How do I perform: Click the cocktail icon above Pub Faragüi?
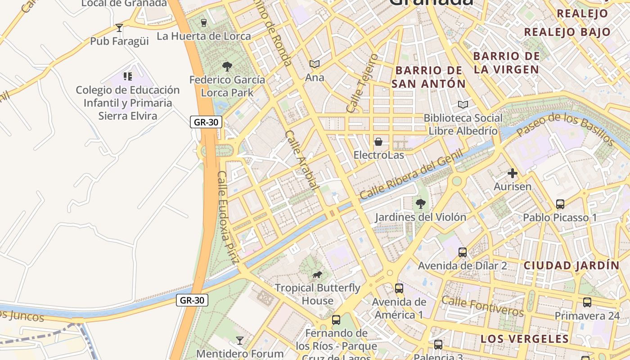tap(119, 28)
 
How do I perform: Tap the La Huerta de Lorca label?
tap(204, 36)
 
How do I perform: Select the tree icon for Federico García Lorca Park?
tap(227, 67)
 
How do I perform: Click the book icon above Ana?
tap(315, 64)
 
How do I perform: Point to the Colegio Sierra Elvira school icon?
tap(127, 76)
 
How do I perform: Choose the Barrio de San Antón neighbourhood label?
tap(428, 77)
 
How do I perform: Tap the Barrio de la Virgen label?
tap(506, 63)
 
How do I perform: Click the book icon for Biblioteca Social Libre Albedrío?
tap(463, 105)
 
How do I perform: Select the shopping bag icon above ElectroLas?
tap(378, 142)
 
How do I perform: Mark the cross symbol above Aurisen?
tap(512, 173)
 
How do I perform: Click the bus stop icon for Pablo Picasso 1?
tap(560, 204)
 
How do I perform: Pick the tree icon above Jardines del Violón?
tap(421, 204)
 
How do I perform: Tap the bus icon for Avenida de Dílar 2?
tap(463, 252)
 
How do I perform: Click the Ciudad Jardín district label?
tap(571, 265)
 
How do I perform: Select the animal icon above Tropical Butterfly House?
tap(317, 274)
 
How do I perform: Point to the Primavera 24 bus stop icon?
tap(587, 302)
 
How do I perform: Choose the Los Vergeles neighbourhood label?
tap(524, 339)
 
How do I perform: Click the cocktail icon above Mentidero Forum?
tap(240, 340)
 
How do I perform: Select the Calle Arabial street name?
tap(302, 160)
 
